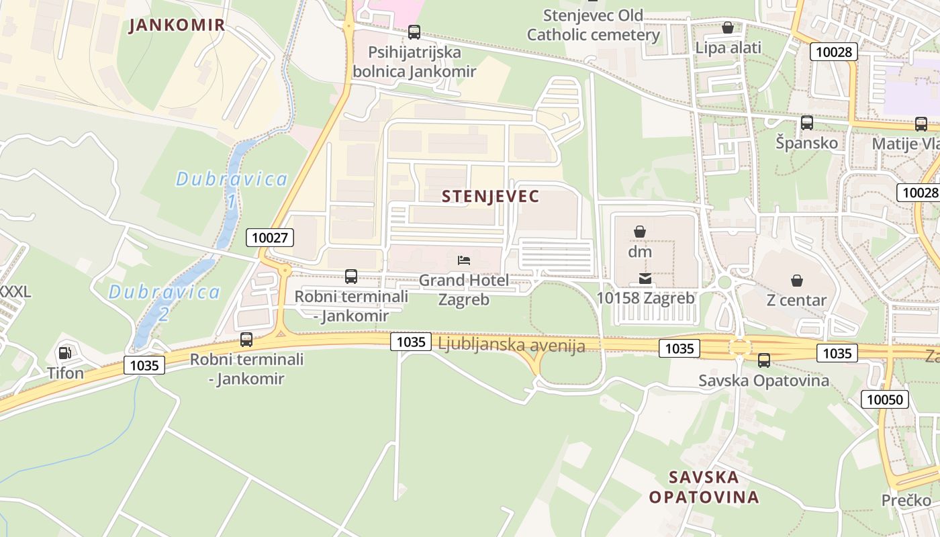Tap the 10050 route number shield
coord(885,400)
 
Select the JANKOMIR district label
coord(177,26)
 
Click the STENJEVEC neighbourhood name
coord(491,196)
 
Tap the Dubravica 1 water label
coord(231,189)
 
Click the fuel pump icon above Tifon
coord(65,352)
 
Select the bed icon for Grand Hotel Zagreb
coord(464,260)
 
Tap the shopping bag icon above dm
coord(640,232)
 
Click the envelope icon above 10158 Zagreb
coord(645,278)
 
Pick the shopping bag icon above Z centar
coord(796,281)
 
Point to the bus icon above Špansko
coord(807,123)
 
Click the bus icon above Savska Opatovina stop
coord(764,360)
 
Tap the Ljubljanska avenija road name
coord(511,346)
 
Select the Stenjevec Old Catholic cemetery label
coord(593,25)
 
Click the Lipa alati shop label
coord(728,48)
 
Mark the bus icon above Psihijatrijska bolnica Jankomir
coord(414,32)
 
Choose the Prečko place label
coord(906,500)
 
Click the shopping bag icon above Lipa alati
coord(727,28)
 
